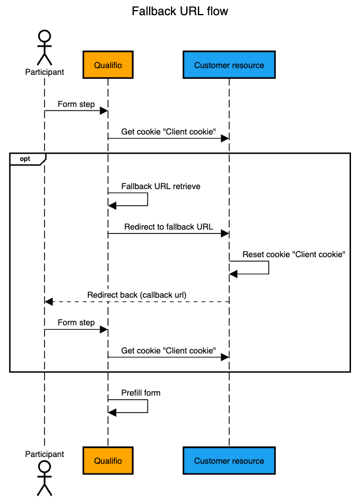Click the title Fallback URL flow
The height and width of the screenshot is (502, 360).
pos(180,11)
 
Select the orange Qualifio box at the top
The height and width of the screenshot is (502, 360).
pos(108,65)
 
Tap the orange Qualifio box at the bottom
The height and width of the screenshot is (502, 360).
pos(108,461)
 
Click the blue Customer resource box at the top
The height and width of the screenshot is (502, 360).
pos(229,65)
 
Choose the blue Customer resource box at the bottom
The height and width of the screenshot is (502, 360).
pos(229,461)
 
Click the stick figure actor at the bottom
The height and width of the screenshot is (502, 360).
pos(44,478)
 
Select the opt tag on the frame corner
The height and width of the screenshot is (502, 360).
pos(25,159)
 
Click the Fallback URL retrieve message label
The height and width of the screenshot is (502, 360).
pos(161,186)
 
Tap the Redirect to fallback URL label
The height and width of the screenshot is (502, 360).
pos(169,227)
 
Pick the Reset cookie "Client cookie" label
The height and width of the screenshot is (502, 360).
pos(293,254)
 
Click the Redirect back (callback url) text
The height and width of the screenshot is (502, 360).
pos(137,295)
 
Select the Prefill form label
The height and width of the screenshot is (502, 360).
pos(141,393)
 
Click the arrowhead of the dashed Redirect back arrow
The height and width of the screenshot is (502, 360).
pos(49,302)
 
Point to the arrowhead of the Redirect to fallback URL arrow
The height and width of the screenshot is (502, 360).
pos(225,234)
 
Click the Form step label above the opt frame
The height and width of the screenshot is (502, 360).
pos(76,104)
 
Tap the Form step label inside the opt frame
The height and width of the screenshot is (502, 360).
pos(76,323)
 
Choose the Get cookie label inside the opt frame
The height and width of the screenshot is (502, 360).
pos(169,351)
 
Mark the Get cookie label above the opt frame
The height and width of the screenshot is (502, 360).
pos(169,132)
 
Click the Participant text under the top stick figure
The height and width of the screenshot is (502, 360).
pos(44,72)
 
